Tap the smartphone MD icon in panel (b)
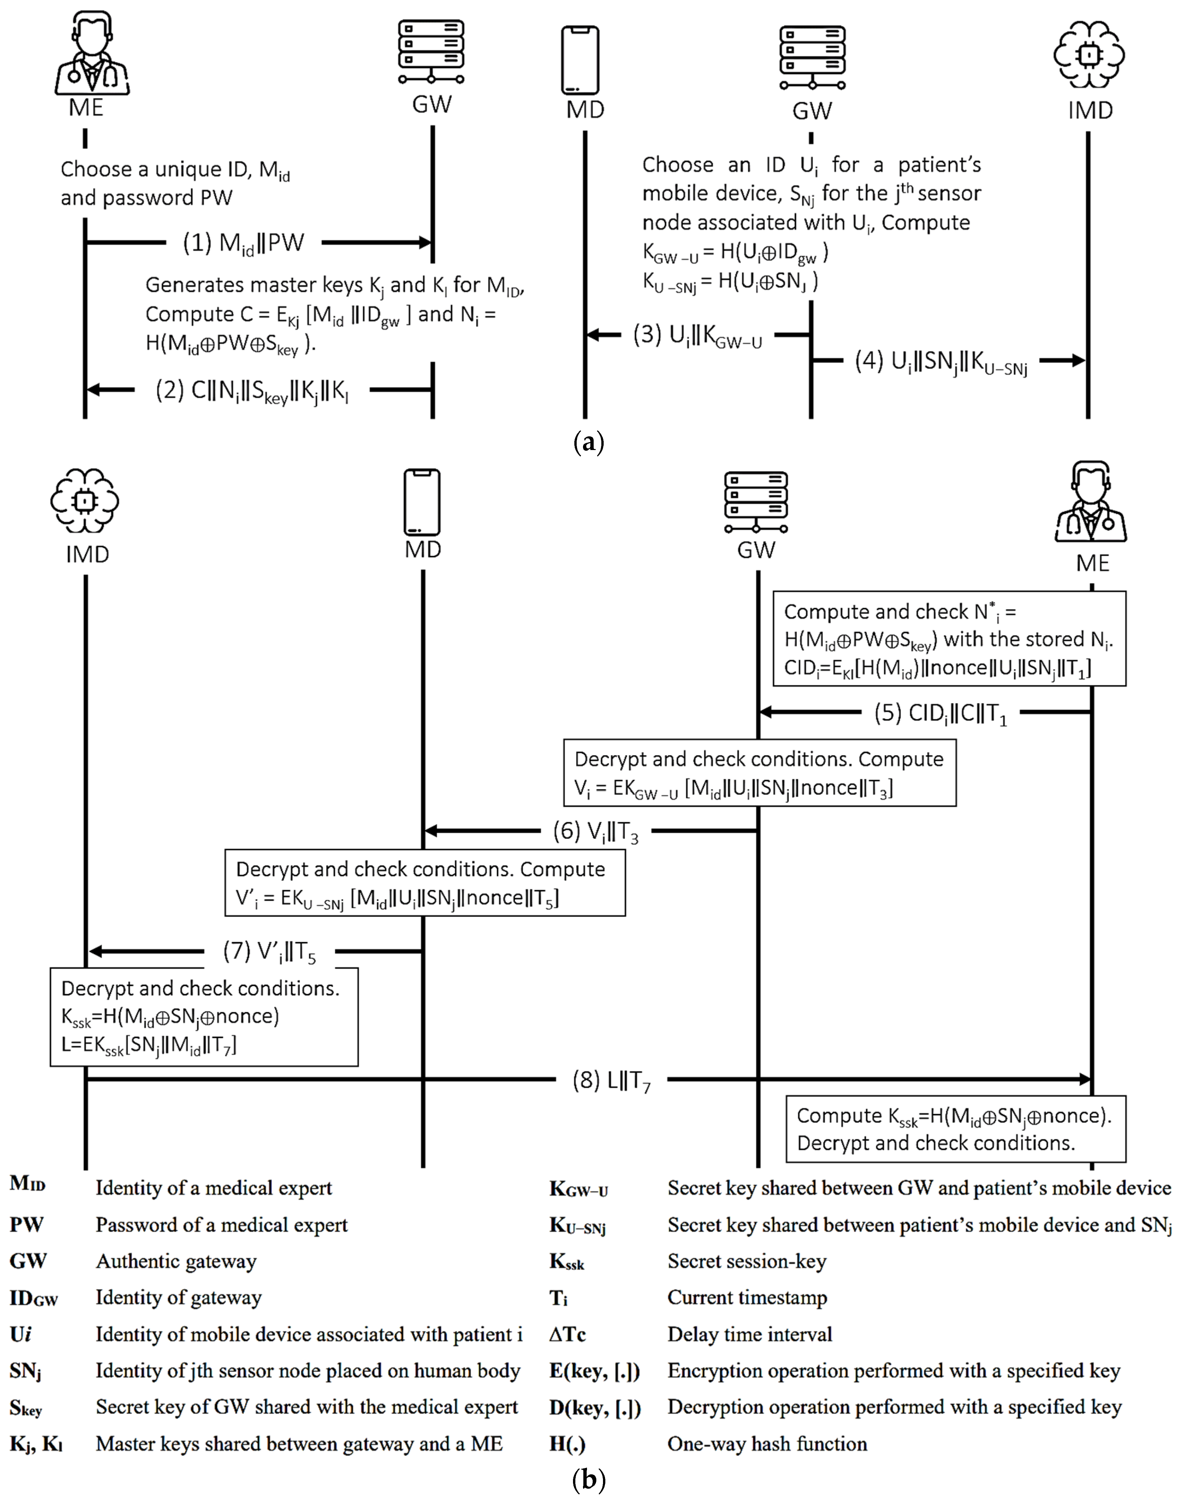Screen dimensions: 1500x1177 (422, 502)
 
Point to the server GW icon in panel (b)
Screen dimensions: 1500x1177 (756, 502)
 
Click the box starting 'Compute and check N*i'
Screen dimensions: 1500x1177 (949, 639)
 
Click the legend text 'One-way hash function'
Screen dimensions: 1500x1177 (767, 1443)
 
